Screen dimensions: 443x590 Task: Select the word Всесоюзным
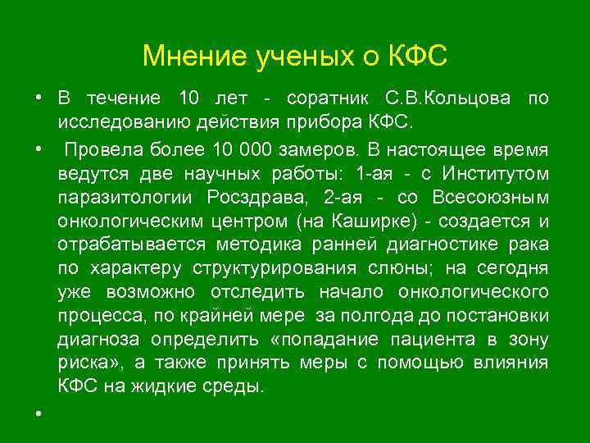(x=488, y=198)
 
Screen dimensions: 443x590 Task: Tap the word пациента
(x=462, y=340)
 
